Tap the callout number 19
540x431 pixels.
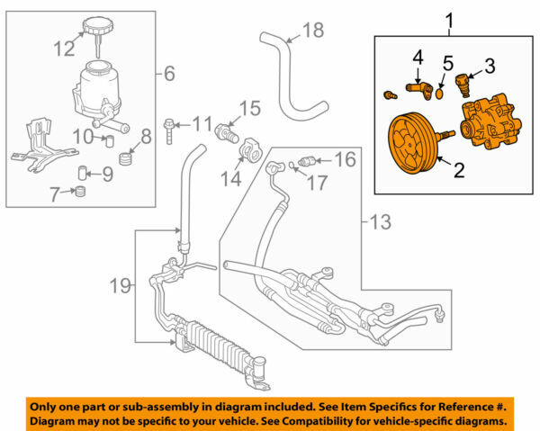pos(120,285)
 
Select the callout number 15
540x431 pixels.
pos(249,110)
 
